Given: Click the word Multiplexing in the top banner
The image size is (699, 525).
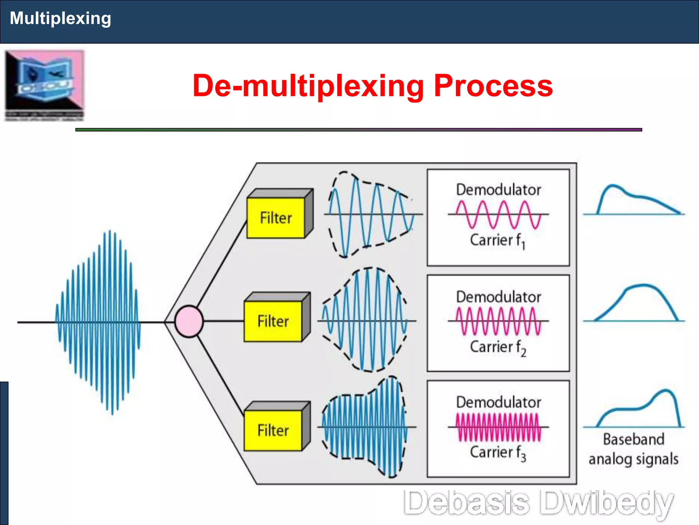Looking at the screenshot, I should tap(60, 18).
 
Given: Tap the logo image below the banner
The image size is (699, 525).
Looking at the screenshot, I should tap(44, 85).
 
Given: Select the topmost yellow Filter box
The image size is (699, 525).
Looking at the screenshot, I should tap(276, 218).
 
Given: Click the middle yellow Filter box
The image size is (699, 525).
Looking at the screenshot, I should tap(273, 321).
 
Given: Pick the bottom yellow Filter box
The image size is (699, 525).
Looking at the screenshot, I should tap(273, 430).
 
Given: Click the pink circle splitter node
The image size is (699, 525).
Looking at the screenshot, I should tap(189, 321).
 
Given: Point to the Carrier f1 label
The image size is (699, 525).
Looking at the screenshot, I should tap(497, 240).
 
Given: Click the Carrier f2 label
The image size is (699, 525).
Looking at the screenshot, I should tap(497, 347).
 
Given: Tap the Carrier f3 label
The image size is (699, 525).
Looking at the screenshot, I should tap(497, 453).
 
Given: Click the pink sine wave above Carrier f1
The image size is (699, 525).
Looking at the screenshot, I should tap(498, 215).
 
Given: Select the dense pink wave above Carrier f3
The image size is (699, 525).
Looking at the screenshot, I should tap(498, 427).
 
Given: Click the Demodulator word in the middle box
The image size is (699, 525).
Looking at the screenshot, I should tap(498, 297).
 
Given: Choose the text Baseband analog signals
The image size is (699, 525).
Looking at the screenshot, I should tap(633, 449).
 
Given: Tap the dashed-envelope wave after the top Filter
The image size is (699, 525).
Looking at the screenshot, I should tap(370, 215).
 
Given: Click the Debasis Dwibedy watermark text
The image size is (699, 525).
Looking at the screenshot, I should tap(538, 503).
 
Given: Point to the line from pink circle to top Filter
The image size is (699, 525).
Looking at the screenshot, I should tap(222, 263).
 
